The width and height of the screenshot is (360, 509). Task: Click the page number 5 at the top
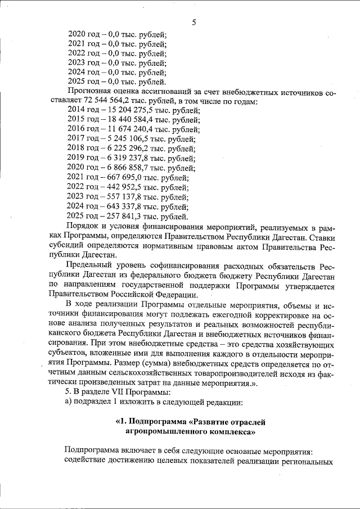(193, 22)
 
